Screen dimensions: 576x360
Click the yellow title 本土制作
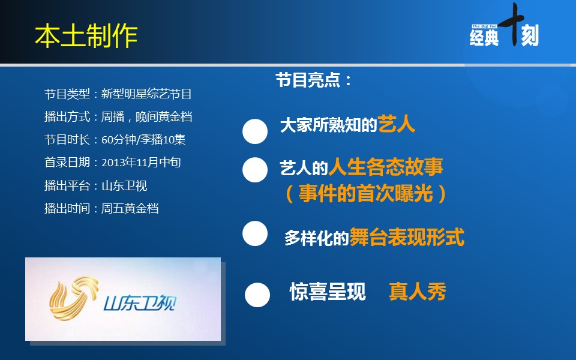(x=86, y=36)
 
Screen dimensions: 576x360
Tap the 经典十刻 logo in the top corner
(x=504, y=26)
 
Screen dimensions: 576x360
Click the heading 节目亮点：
(x=314, y=80)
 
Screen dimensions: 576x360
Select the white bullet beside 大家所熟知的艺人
(x=255, y=131)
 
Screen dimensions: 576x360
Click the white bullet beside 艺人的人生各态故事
(x=255, y=170)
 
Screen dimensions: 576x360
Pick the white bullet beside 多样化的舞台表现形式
(x=255, y=233)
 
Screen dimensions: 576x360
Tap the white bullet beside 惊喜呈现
(x=257, y=295)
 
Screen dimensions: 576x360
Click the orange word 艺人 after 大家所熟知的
(x=397, y=124)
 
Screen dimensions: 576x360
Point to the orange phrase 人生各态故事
(x=386, y=167)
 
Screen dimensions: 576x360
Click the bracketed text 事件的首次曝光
(x=365, y=193)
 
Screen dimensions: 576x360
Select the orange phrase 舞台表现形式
(x=407, y=237)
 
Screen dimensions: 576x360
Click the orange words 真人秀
(x=418, y=292)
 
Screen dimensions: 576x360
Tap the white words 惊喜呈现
(x=328, y=292)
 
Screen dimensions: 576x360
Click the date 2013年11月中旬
(x=141, y=163)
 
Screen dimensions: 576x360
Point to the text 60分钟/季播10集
(x=143, y=140)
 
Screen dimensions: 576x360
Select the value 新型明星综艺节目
(x=146, y=94)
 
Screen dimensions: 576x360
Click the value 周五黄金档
(x=130, y=208)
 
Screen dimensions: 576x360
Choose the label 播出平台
(x=67, y=185)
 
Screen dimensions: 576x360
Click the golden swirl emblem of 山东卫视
(x=74, y=298)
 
